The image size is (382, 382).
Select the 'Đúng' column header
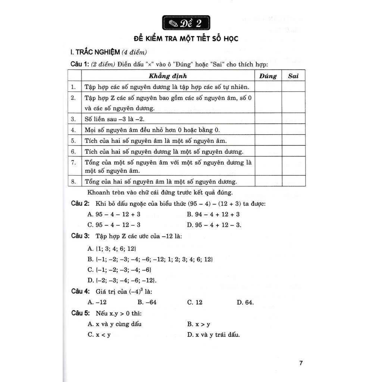[x=268, y=76]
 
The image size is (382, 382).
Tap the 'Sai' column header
[x=293, y=76]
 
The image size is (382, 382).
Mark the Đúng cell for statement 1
[x=268, y=87]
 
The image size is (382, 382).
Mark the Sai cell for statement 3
[x=293, y=119]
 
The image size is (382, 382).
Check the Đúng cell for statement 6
[x=268, y=151]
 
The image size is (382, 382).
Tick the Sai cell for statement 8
[x=293, y=182]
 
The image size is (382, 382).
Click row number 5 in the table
[x=73, y=141]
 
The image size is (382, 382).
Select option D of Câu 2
[x=214, y=225]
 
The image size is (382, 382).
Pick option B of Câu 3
[x=150, y=259]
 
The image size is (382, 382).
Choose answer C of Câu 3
[x=119, y=270]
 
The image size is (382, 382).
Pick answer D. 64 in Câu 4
[x=245, y=302]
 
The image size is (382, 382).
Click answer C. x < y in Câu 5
[x=99, y=335]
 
